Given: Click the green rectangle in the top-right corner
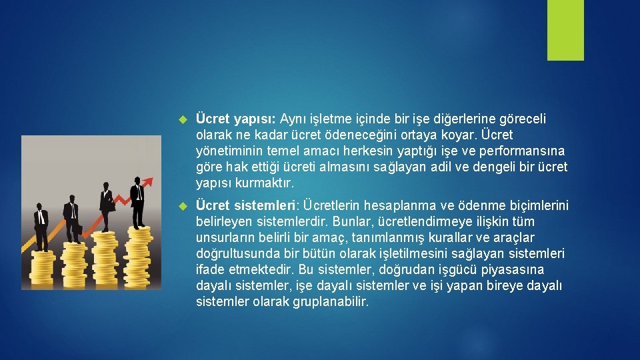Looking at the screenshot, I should coord(565,30).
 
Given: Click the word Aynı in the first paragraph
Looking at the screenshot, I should coord(293,119).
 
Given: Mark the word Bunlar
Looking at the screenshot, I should coord(355,221).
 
